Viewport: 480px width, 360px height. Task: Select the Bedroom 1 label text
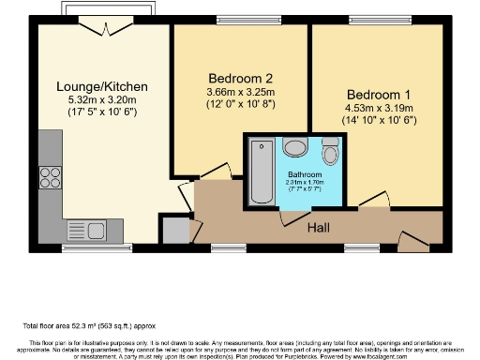[378, 95]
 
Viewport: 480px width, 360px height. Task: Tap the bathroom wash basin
[295, 147]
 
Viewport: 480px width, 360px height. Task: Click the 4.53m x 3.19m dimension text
[378, 108]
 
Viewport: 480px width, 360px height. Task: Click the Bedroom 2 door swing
[216, 169]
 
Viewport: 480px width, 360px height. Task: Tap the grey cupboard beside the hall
[173, 230]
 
